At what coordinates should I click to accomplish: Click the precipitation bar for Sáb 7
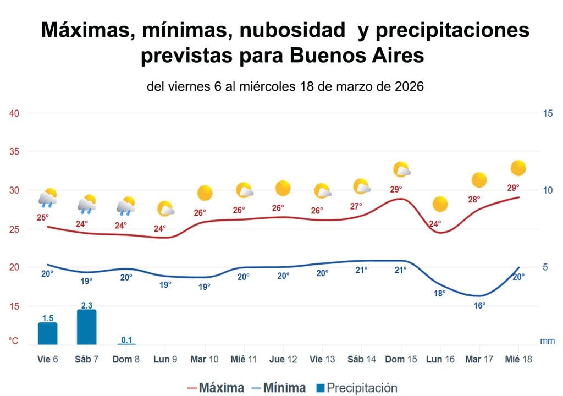point(87,327)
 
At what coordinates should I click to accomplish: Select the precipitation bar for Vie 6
point(48,333)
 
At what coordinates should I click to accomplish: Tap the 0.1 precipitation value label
point(126,339)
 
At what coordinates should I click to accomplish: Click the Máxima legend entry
point(216,388)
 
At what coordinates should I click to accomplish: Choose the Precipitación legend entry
point(356,388)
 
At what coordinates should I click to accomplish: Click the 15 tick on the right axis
point(547,114)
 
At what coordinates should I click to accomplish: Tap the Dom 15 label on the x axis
point(401,359)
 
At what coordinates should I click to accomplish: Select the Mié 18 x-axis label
point(519,359)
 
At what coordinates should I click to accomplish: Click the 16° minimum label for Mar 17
point(479,305)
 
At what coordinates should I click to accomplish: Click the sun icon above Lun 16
point(440,204)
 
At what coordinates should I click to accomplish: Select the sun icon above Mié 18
point(518,168)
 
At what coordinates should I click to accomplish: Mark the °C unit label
point(13,341)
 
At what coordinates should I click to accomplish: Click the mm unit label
point(547,341)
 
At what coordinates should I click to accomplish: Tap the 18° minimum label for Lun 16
point(440,293)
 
